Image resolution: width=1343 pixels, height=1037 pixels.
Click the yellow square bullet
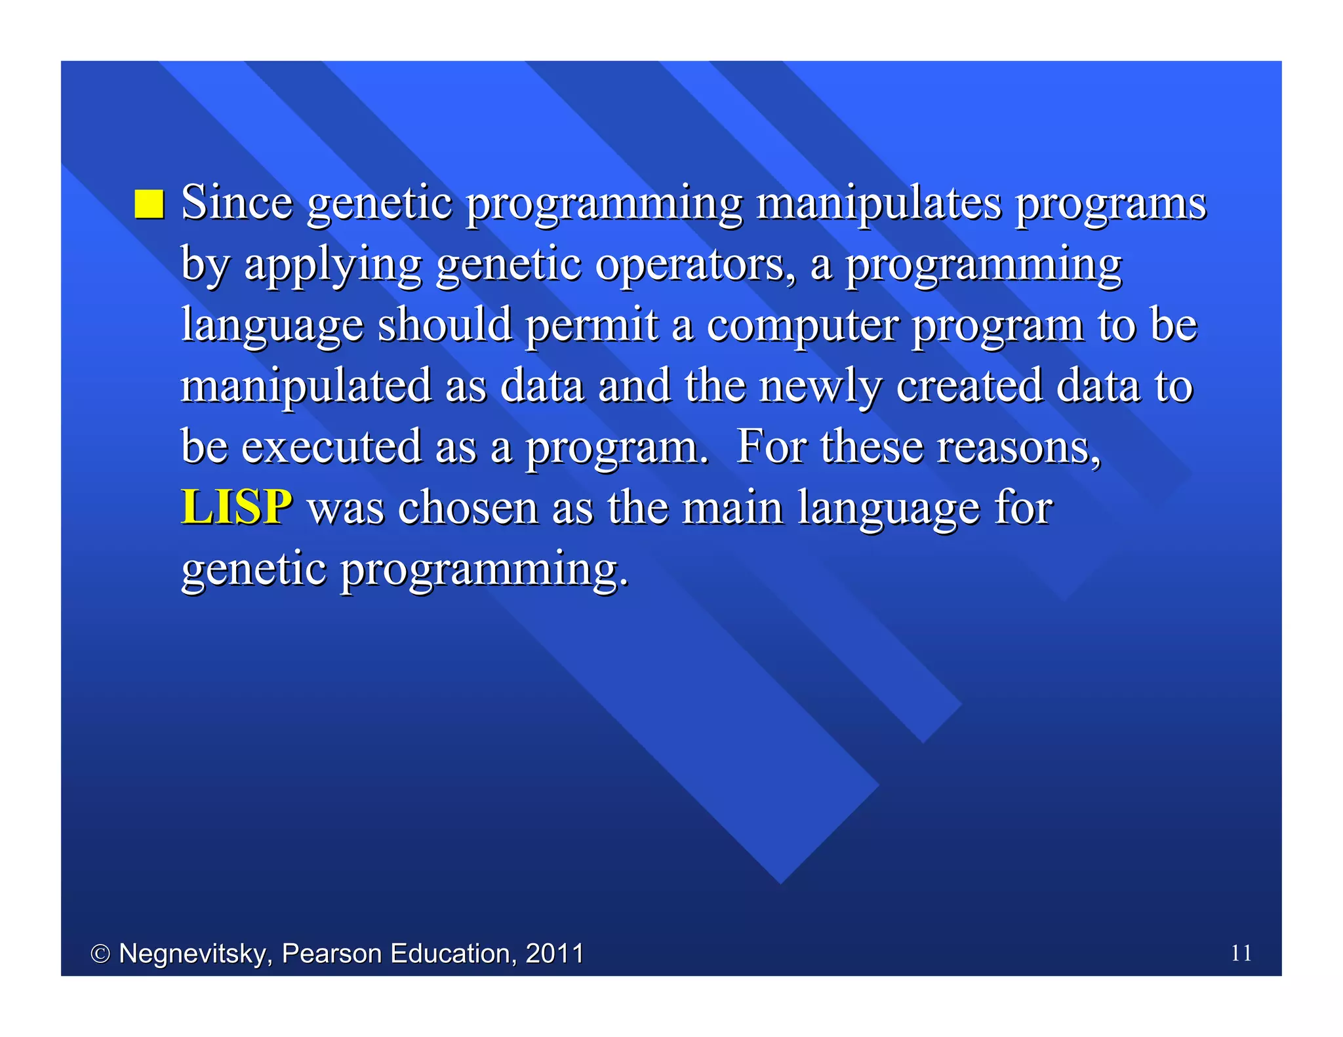149,204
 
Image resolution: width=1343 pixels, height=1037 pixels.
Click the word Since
236,203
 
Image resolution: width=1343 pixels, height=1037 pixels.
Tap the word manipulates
879,204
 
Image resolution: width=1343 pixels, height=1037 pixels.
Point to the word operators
694,265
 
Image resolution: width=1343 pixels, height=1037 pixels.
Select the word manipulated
306,387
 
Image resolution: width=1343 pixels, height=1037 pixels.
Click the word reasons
1018,448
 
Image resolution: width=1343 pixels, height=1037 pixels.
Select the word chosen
468,508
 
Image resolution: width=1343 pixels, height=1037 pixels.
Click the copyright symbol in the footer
100,954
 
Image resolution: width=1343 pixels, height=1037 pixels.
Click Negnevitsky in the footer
195,954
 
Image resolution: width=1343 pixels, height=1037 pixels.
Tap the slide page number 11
1241,953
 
